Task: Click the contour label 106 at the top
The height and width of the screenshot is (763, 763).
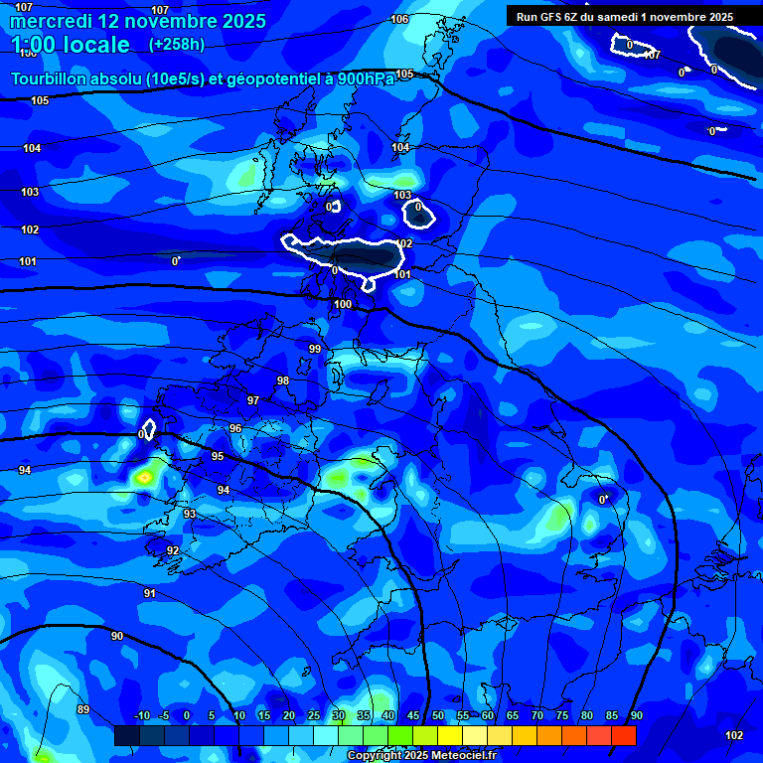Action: tap(399, 20)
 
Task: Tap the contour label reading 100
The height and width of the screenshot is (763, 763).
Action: tap(343, 304)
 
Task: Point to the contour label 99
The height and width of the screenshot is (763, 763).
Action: tap(315, 349)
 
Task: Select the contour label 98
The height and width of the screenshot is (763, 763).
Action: tap(283, 381)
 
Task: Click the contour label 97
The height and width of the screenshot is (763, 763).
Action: tap(253, 400)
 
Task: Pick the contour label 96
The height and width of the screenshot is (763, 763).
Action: tap(235, 428)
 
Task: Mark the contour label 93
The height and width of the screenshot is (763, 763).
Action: tap(190, 514)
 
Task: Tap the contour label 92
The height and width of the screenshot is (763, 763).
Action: tap(173, 550)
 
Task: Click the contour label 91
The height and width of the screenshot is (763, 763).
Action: tap(149, 593)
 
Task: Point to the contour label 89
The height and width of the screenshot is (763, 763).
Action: tap(82, 709)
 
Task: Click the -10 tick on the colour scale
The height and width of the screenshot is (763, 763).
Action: tap(142, 715)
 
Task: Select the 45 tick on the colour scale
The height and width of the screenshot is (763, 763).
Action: tap(412, 715)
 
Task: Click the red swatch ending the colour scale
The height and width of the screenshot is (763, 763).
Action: tap(623, 735)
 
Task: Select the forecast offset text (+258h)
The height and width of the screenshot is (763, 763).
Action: tap(176, 45)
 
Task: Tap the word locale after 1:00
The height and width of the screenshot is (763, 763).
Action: tap(94, 45)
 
